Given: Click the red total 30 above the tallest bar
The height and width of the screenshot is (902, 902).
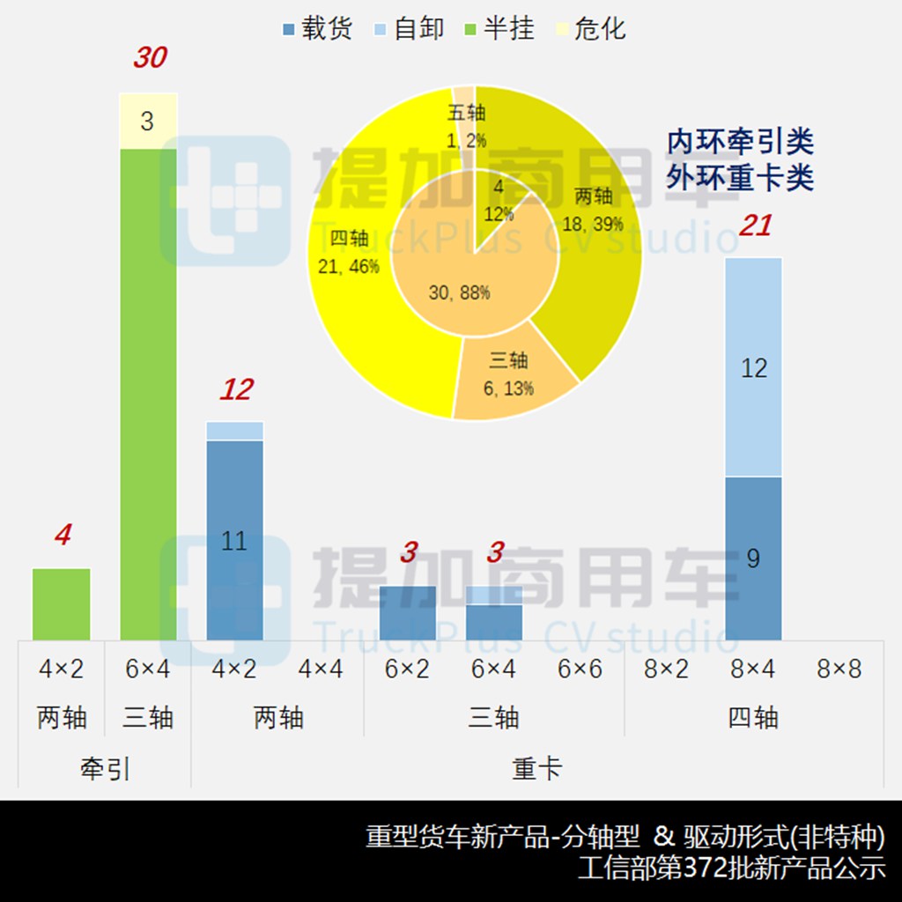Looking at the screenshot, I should (150, 58).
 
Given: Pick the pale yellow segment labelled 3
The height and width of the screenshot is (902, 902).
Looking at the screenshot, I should (148, 121).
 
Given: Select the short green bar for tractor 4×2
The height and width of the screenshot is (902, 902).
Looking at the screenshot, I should (62, 603).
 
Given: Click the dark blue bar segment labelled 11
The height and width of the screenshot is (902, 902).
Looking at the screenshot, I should (234, 540).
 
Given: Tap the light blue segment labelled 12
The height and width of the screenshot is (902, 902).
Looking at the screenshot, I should (753, 367).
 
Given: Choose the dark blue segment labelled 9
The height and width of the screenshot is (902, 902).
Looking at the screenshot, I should (753, 558).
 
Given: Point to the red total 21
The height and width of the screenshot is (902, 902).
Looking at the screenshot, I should (755, 226).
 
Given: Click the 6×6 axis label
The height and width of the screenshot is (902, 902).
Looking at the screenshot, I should (580, 669).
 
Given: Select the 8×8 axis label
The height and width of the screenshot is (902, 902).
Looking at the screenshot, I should (839, 669).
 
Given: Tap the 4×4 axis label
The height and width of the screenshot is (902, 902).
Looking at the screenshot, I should (321, 669).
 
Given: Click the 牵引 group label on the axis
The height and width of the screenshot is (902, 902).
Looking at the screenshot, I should (105, 769).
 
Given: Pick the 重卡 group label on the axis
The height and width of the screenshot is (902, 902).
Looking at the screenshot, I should (537, 769).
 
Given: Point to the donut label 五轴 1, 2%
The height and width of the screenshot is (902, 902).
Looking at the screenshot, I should (466, 126).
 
